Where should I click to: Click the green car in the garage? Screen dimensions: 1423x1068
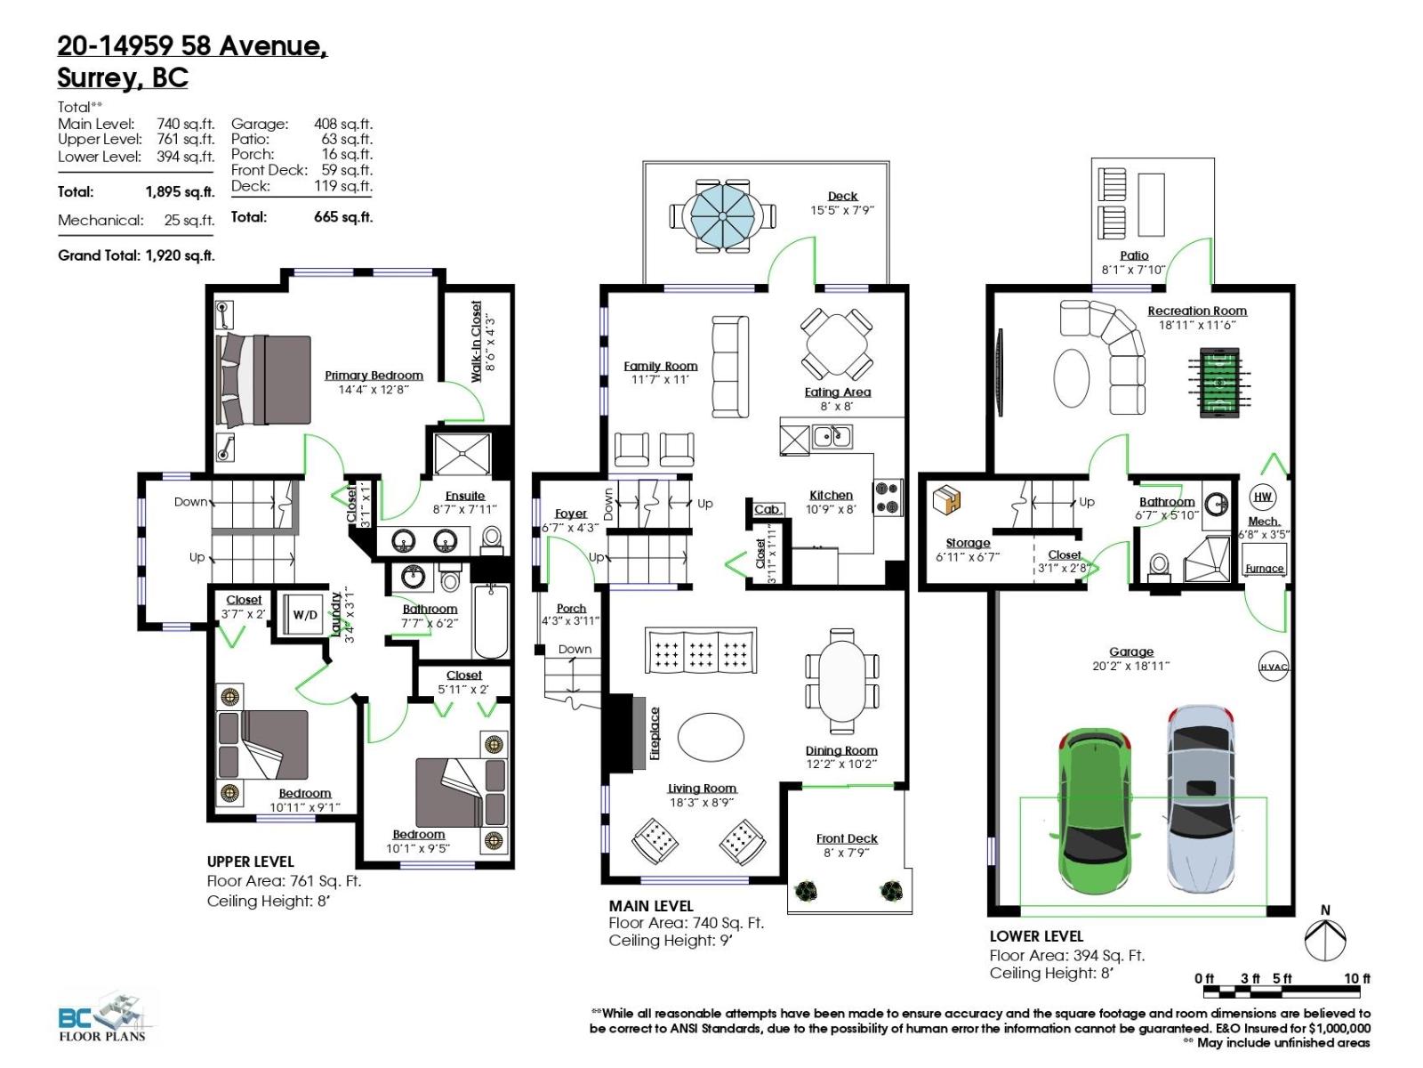(x=1094, y=811)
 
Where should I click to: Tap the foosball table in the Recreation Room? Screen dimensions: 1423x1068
(x=1218, y=383)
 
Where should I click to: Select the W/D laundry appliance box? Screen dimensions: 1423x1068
(x=305, y=615)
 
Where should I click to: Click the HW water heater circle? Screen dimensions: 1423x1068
(x=1262, y=497)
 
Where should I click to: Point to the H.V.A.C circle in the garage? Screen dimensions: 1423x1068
(x=1274, y=667)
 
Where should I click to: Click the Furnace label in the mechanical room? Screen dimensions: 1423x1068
(x=1264, y=568)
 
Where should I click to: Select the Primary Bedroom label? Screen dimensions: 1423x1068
(x=374, y=376)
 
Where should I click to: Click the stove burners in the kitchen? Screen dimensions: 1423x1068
(x=888, y=498)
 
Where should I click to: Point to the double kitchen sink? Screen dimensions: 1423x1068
(x=832, y=436)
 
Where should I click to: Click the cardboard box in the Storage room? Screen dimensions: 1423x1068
(x=946, y=499)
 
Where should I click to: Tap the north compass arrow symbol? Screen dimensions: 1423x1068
(x=1324, y=939)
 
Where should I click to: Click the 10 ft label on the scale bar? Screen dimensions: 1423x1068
(x=1357, y=978)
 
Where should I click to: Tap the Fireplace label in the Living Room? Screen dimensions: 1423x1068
(x=655, y=733)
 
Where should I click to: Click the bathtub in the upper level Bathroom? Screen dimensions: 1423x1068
(x=491, y=621)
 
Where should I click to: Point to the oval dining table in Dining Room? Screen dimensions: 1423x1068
(x=842, y=679)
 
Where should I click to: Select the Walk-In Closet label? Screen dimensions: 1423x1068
(x=477, y=342)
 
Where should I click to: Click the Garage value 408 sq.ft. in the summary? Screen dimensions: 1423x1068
(x=343, y=123)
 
